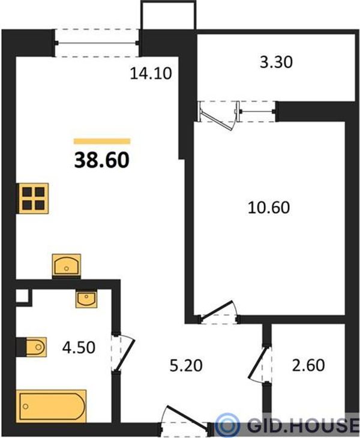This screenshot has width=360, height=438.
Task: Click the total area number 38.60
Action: tap(101, 161)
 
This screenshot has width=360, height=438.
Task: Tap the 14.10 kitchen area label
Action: tap(151, 73)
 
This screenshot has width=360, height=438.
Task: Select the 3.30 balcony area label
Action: tap(276, 62)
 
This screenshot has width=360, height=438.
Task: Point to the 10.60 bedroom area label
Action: tap(269, 208)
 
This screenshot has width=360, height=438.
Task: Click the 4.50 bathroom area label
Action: tap(79, 348)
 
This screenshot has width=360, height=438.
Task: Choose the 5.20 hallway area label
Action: tap(186, 365)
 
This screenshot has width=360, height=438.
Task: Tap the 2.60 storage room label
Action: tap(308, 365)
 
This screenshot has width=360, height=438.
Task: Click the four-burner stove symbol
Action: tap(33, 199)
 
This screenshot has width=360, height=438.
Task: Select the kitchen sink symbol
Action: tap(67, 265)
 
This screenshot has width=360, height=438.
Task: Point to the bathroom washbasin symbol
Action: tap(86, 299)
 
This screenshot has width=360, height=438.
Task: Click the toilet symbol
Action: tap(36, 347)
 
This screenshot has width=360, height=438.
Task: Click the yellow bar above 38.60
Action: tap(102, 142)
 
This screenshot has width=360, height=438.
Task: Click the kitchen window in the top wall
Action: tap(97, 43)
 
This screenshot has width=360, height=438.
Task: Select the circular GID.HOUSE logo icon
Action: tap(229, 425)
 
